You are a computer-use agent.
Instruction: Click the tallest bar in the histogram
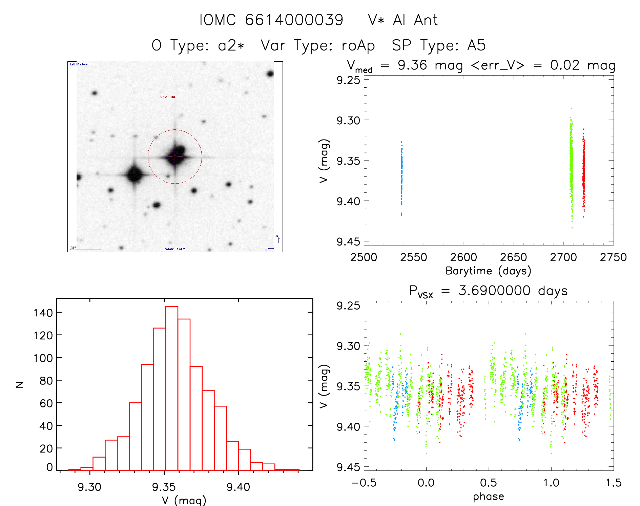(x=172, y=388)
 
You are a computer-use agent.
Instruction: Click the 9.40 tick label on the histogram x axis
(x=238, y=487)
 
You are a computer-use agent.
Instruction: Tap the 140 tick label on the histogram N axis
(x=43, y=313)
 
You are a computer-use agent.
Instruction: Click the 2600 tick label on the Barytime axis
(x=463, y=257)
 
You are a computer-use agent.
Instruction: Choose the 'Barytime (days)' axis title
(x=488, y=271)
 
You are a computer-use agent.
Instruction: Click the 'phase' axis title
(x=488, y=497)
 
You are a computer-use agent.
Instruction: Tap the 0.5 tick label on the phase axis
(x=489, y=483)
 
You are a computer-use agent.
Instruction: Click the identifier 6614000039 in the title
(x=294, y=20)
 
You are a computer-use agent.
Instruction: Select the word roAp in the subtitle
(x=358, y=45)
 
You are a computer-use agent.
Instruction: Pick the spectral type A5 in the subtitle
(x=476, y=45)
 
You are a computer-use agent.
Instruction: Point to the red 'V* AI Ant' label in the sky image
(x=168, y=97)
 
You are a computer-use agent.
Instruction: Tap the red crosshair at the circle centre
(x=175, y=157)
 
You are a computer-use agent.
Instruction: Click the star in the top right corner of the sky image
(x=270, y=73)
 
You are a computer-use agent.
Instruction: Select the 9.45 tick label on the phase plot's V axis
(x=348, y=467)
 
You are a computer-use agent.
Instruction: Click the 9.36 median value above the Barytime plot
(x=412, y=65)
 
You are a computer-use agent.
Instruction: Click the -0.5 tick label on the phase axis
(x=364, y=483)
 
